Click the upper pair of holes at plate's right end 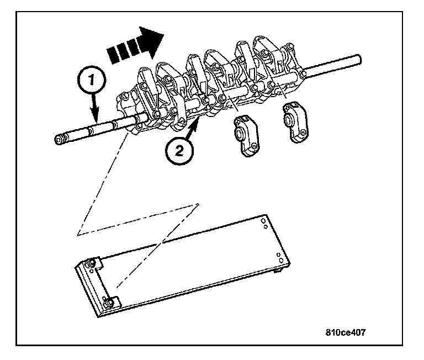[x=265, y=222]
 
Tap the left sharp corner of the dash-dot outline [x=78, y=236]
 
